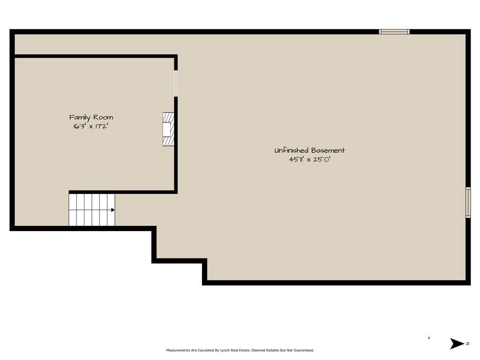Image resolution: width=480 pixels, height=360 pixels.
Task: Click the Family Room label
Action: pos(91,118)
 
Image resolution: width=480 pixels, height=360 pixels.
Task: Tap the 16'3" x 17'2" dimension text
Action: pos(91,126)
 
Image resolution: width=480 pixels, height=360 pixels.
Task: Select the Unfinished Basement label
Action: pos(309,150)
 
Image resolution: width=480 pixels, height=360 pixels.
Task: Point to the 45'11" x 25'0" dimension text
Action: pos(310,159)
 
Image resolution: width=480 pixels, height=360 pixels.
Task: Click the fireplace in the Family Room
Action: pos(168,129)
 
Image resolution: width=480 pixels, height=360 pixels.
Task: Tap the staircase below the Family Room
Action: pos(92,210)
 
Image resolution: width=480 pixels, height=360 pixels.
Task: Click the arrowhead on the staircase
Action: pos(113,210)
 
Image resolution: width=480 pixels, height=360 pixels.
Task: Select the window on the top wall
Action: pos(394,31)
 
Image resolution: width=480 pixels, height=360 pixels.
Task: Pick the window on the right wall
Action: pos(468,202)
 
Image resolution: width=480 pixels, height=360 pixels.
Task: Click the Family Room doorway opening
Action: pos(176,83)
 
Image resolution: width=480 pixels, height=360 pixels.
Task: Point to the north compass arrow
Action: pos(457,344)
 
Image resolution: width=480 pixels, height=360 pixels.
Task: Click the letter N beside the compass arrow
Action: pos(468,344)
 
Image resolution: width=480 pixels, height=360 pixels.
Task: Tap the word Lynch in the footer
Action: pos(225,350)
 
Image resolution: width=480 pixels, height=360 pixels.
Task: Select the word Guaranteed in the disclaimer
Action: pos(304,350)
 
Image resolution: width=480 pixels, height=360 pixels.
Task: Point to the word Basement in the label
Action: pos(328,150)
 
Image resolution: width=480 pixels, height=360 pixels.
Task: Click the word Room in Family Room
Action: pos(103,117)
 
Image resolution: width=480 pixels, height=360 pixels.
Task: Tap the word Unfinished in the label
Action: pos(291,150)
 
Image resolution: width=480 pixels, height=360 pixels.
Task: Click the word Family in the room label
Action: pos(80,118)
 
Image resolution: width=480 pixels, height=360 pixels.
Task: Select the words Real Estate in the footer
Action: pos(240,350)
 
